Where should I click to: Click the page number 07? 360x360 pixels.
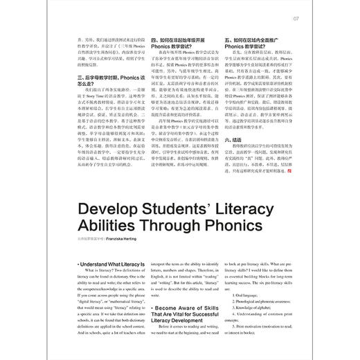[x=295, y=18]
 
